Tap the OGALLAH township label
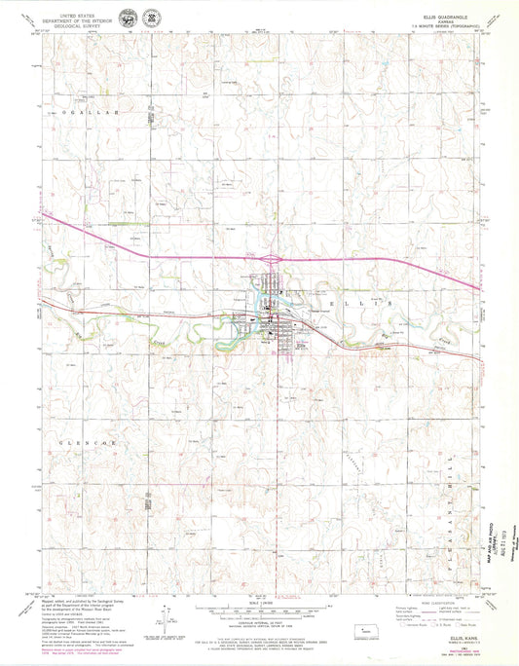89,113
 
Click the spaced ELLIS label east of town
369,304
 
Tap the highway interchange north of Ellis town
272,259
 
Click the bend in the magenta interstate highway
148,255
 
